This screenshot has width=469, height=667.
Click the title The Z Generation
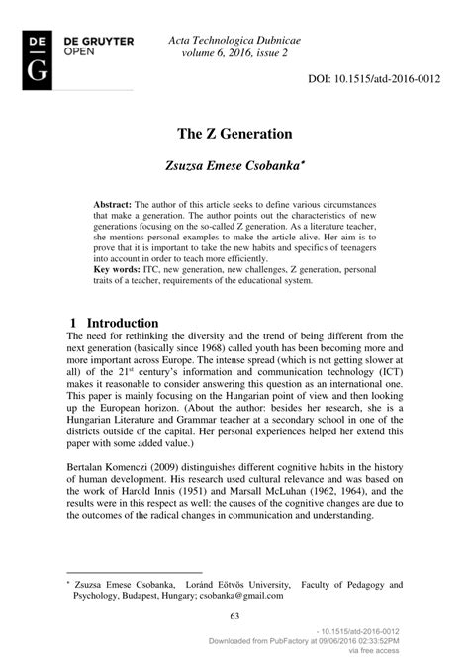pyautogui.click(x=234, y=132)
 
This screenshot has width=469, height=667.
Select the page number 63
pyautogui.click(x=234, y=618)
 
